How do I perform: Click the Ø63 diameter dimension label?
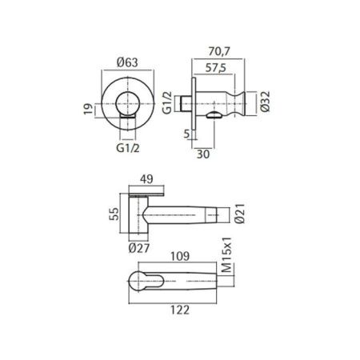point(127,62)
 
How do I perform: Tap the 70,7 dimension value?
point(219,51)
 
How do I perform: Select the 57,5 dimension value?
point(216,68)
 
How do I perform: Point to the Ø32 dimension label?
point(265,102)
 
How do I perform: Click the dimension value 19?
point(89,109)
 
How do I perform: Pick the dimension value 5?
point(186,134)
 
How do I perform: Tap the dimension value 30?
point(203,154)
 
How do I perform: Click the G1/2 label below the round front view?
point(128,148)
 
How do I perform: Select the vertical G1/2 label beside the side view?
point(167,102)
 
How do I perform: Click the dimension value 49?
point(146,179)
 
